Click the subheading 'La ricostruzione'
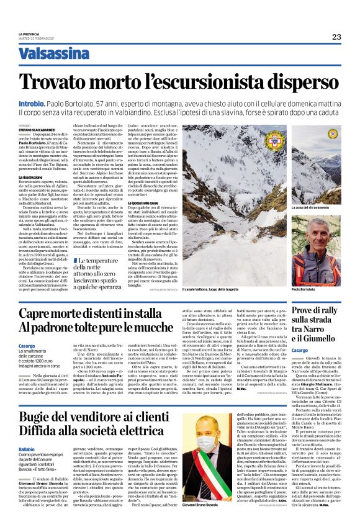pos(31,178)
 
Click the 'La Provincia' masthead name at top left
pos(29,34)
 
